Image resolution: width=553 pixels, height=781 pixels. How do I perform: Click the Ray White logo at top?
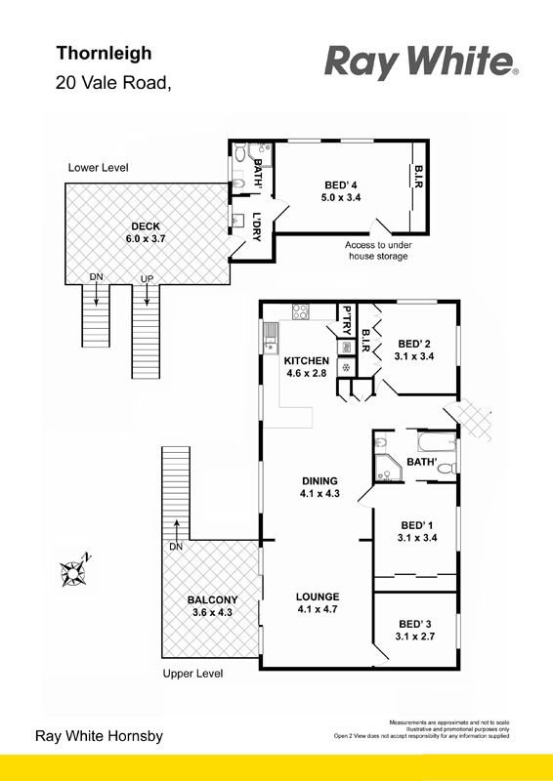click(421, 62)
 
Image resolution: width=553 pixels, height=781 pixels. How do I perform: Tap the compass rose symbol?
click(75, 571)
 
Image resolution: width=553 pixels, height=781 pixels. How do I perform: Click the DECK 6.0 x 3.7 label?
click(146, 232)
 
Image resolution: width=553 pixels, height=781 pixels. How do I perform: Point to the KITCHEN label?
click(306, 360)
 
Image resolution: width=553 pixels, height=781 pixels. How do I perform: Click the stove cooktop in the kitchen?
click(301, 311)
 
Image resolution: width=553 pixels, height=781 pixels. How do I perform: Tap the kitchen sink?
click(270, 338)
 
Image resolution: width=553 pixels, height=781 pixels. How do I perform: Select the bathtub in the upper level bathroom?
click(437, 442)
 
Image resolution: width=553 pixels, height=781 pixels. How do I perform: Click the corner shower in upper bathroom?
click(389, 469)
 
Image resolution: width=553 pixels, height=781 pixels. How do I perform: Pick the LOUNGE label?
click(318, 596)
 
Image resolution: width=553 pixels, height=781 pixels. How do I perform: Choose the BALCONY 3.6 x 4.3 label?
click(212, 606)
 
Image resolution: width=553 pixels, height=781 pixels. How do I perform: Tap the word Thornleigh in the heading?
click(104, 53)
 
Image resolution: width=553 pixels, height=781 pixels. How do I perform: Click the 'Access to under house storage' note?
click(378, 251)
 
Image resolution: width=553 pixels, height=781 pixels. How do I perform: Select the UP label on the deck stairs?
click(147, 279)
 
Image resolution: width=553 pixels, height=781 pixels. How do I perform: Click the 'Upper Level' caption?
click(192, 674)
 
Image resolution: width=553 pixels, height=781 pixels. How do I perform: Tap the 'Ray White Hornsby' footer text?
click(99, 736)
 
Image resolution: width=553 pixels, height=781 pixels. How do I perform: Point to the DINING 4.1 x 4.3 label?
click(319, 487)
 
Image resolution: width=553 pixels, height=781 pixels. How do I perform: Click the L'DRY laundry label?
click(257, 227)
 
